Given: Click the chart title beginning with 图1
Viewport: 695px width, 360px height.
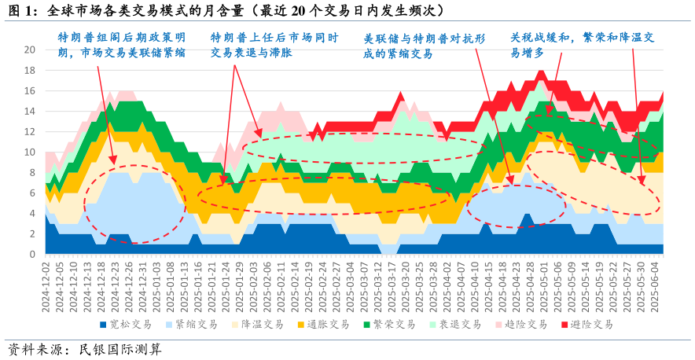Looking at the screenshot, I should [228, 11].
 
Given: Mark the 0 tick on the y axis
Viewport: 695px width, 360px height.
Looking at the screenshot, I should [32, 255].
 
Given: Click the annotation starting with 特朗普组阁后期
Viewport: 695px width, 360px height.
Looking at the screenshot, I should [122, 45].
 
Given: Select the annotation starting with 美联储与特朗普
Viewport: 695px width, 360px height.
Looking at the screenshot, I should [424, 46].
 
